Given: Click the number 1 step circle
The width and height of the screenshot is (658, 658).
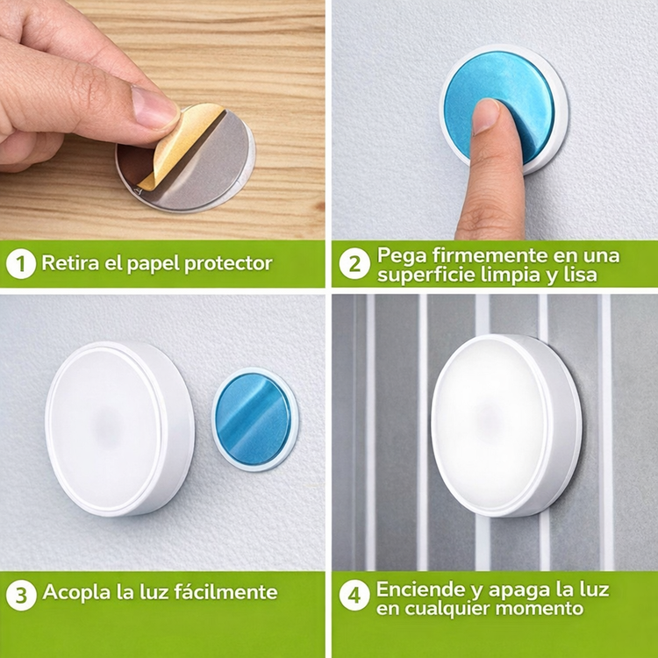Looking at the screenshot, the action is (20, 264).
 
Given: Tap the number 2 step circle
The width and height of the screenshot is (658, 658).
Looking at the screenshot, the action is (354, 264).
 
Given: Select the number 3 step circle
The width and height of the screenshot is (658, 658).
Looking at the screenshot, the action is (21, 595).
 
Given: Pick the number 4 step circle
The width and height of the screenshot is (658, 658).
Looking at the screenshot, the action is (354, 595).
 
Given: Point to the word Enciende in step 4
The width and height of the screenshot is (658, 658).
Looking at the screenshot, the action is (420, 590).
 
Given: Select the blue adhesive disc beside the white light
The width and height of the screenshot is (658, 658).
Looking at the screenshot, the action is (254, 419).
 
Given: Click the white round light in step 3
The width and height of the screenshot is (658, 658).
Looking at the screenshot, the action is (119, 428).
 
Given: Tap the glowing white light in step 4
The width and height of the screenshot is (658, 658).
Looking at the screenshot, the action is (506, 426).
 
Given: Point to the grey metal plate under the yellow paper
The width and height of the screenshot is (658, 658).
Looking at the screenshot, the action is (197, 168).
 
